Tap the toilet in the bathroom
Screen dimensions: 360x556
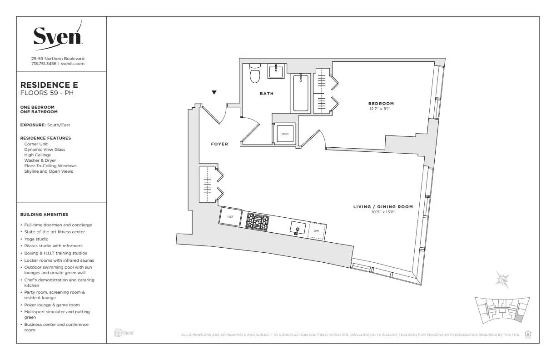coord(255,73)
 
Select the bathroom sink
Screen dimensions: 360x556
coord(276,71)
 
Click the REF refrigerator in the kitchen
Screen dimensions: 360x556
coord(230,217)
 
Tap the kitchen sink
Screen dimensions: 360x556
coord(298,228)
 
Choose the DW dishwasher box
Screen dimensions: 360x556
coord(317,231)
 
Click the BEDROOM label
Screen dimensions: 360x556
coord(381,104)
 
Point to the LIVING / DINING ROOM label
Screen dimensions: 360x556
coord(383,207)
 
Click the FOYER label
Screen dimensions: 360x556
coord(219,144)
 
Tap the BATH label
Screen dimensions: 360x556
coord(267,94)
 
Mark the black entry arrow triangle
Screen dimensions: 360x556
coord(214,93)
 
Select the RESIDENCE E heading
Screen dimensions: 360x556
coord(49,85)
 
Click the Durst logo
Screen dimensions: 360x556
coord(124,334)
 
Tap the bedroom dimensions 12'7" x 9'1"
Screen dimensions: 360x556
coord(381,109)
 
